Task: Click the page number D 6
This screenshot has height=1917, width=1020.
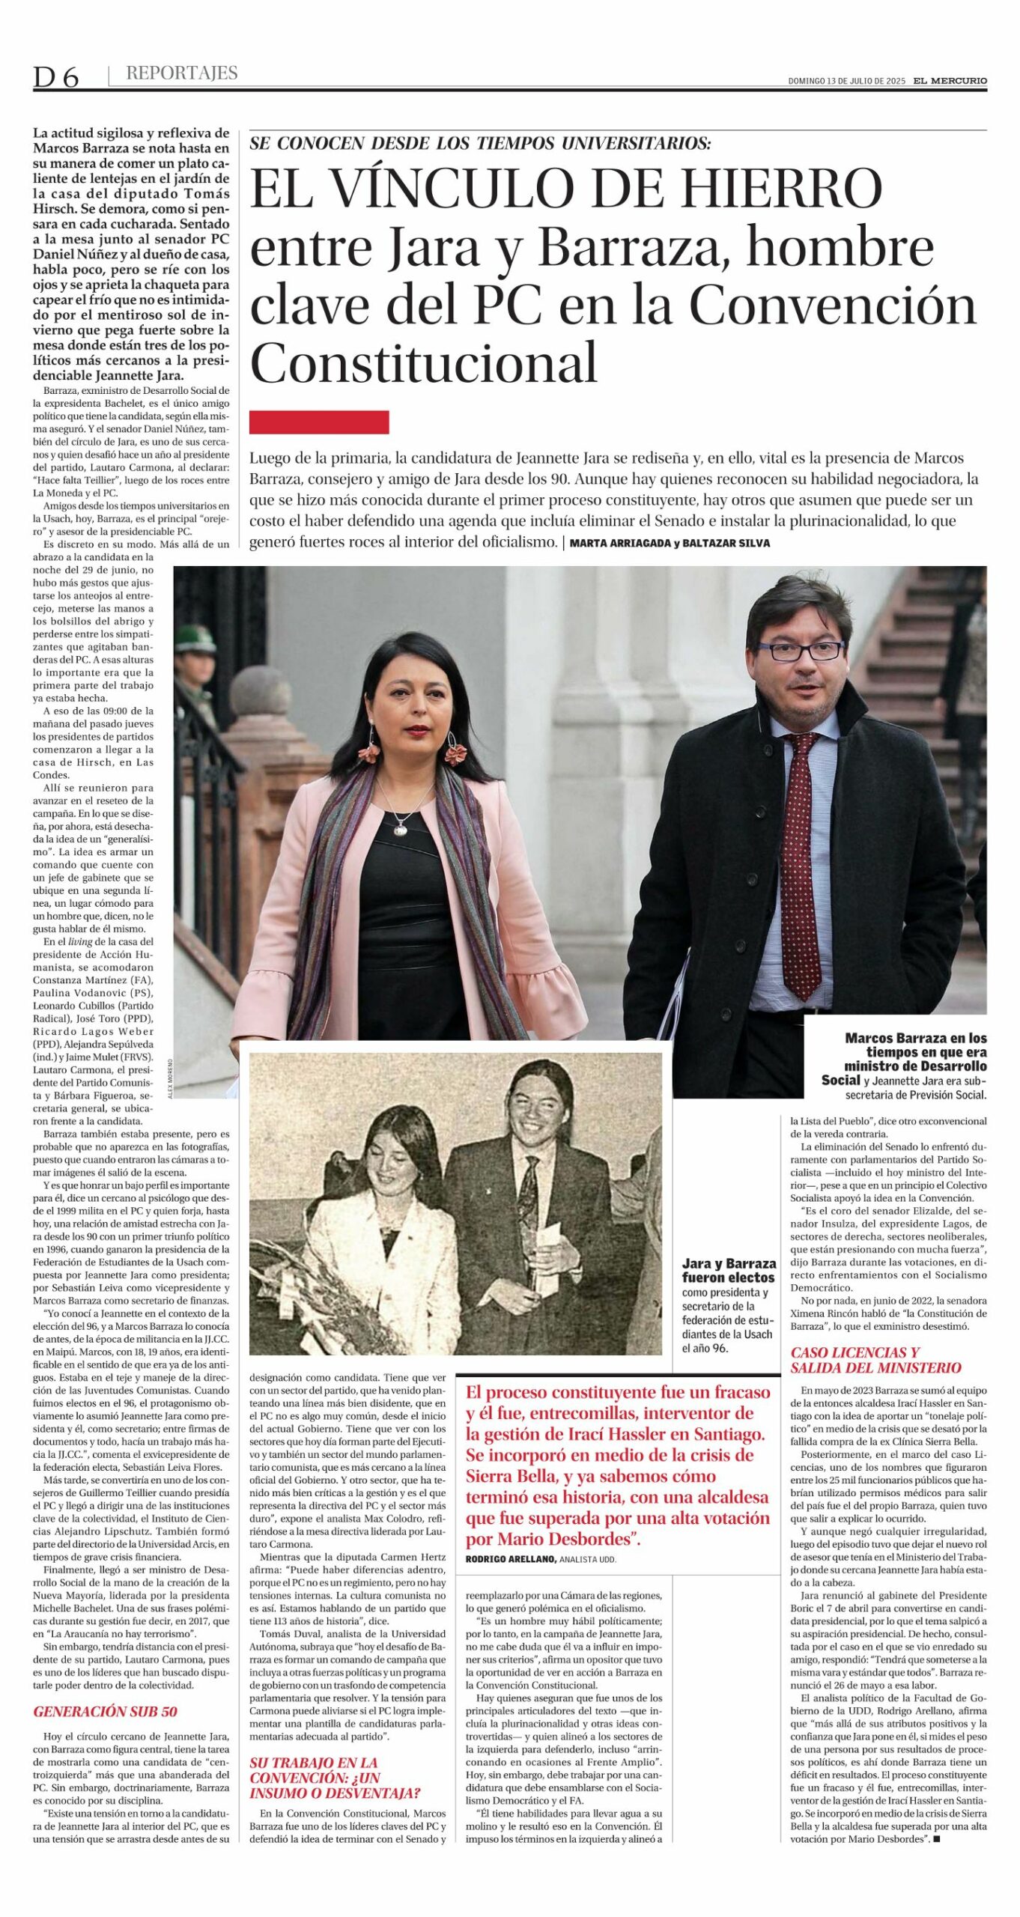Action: (55, 76)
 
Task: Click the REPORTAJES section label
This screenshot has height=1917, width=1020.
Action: (182, 73)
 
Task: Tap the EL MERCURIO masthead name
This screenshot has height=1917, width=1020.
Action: (950, 81)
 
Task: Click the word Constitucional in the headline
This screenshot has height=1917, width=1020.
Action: (424, 363)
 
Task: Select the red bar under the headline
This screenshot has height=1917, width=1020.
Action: (319, 422)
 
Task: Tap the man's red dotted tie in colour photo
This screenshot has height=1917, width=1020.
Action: (801, 861)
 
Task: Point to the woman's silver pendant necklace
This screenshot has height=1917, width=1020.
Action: (403, 824)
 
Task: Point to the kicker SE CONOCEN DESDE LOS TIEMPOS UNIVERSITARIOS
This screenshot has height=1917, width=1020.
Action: (480, 143)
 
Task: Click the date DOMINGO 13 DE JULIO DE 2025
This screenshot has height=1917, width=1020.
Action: (846, 82)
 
